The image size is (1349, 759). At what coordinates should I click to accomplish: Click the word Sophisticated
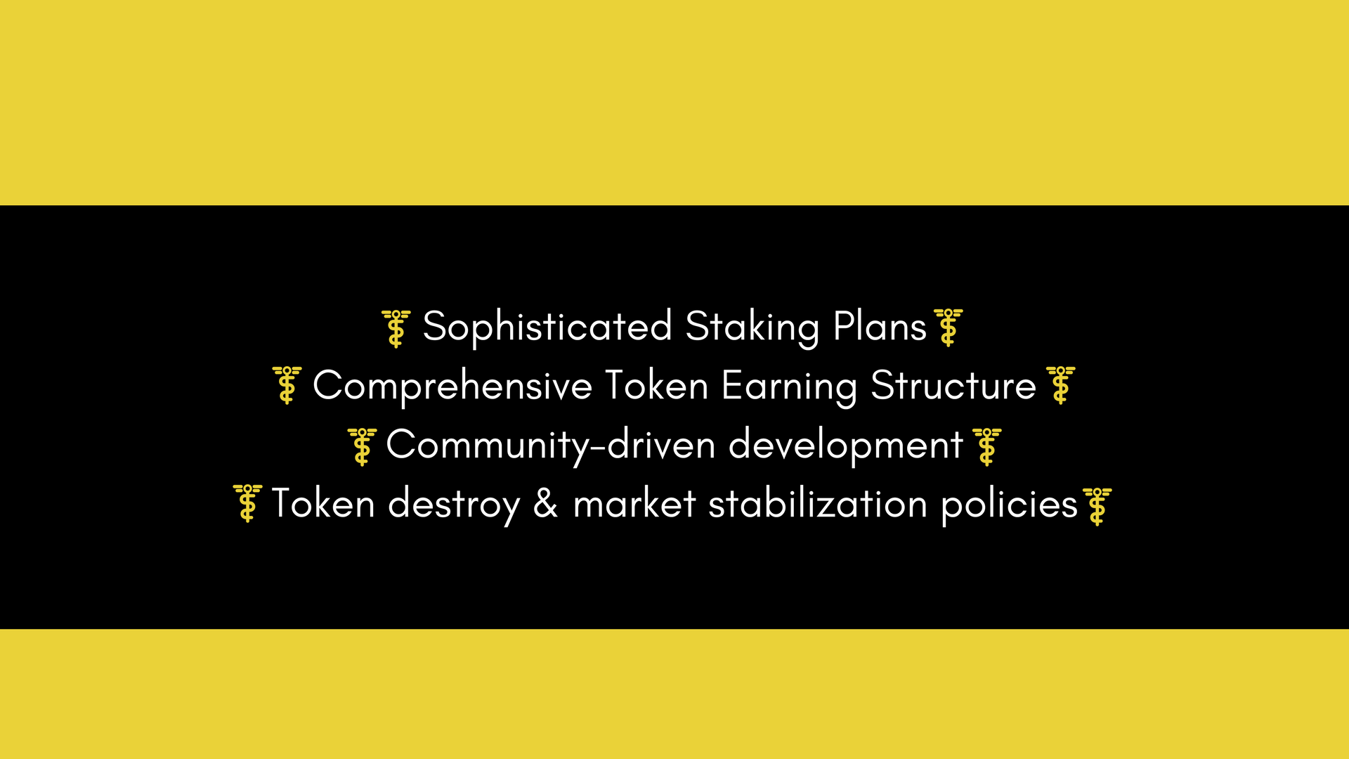click(548, 327)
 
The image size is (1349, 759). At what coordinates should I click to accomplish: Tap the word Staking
click(752, 327)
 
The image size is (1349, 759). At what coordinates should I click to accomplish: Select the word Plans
click(880, 326)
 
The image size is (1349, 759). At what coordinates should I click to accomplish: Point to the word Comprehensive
click(452, 387)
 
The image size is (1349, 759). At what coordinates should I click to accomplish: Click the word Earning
click(790, 387)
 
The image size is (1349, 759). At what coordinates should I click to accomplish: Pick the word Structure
click(953, 385)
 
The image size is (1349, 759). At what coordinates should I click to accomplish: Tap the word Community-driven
click(551, 446)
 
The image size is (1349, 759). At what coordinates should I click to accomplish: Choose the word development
click(846, 446)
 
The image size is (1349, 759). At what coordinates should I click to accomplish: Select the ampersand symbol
click(546, 504)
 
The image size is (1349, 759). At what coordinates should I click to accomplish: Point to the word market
click(634, 504)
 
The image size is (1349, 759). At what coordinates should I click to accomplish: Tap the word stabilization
click(818, 504)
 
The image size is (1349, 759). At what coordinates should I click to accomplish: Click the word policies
click(1010, 505)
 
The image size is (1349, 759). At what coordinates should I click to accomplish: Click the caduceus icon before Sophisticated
click(396, 328)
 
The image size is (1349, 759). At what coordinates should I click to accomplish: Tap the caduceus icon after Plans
click(949, 327)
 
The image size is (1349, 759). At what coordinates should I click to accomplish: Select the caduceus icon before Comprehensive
click(287, 384)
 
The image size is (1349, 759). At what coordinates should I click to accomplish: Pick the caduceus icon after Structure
click(1061, 384)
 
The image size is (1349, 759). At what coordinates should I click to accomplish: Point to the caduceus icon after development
click(987, 447)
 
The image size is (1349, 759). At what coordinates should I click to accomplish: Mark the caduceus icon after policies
click(1097, 507)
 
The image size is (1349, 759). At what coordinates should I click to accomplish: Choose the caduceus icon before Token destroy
click(247, 503)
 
